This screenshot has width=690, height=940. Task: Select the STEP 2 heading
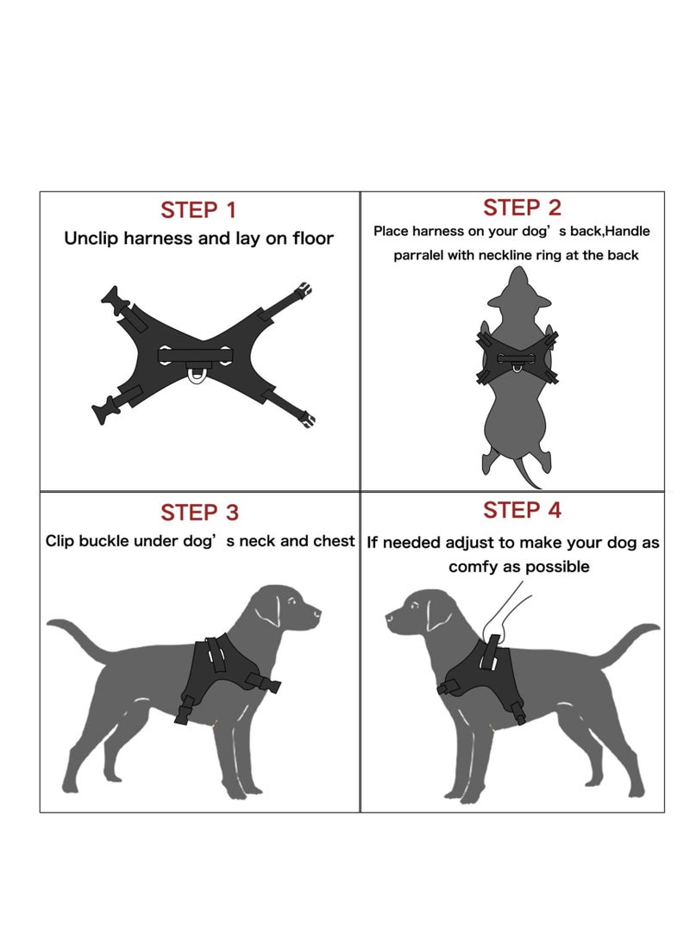coord(522,208)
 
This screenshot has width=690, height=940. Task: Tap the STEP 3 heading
coord(199,513)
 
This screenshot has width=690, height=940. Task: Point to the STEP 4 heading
coord(522,510)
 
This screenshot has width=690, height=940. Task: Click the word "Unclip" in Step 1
coord(91,239)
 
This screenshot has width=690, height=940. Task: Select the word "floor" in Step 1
coord(310,239)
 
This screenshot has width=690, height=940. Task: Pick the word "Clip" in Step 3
coord(60,541)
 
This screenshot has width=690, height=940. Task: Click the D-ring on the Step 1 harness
coord(197,376)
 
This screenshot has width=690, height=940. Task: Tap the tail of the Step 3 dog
coord(82,633)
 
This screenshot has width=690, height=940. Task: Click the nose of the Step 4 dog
coord(389,617)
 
